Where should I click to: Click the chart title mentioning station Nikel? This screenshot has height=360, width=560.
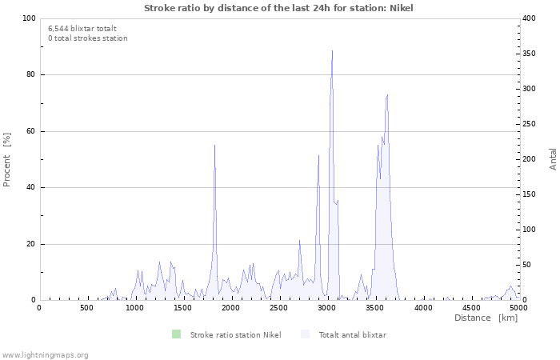coord(278,8)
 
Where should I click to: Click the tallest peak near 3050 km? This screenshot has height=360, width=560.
coord(333,50)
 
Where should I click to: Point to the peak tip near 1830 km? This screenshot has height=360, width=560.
coord(214,145)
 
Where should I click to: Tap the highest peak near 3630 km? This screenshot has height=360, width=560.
coord(387,95)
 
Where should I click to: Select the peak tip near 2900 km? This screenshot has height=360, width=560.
coord(318,155)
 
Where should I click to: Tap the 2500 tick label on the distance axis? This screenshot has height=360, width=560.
coord(278,308)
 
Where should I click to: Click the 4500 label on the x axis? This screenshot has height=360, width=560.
coord(471,308)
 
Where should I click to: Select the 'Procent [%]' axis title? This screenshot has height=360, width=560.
coord(6,160)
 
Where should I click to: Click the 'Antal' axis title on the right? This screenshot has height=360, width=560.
coord(553,159)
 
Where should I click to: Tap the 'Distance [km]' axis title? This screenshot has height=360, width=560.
coord(486,318)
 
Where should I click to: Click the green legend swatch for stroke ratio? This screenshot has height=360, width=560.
coord(177,334)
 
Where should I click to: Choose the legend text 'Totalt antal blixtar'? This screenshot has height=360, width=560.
coord(353,335)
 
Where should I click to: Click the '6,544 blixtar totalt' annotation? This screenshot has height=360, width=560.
coord(82,29)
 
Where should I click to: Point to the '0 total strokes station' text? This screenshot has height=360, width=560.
coord(88,38)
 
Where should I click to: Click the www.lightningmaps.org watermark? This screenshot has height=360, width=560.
coord(44,355)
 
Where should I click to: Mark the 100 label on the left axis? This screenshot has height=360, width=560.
coord(29,18)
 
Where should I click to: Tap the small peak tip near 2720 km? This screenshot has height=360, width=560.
coord(300,240)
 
